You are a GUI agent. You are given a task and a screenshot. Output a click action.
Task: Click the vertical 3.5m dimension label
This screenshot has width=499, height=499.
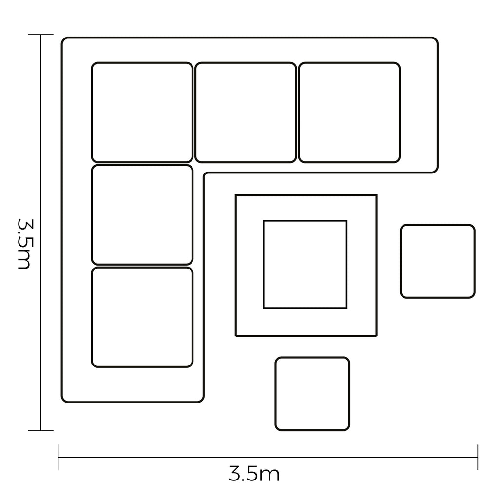point(24,244)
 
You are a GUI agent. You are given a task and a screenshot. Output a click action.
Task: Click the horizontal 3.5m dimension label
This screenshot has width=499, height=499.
point(254,474)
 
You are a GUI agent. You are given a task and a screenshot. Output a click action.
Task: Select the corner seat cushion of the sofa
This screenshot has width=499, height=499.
point(142,113)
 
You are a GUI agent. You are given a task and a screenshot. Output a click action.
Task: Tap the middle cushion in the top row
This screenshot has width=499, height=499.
point(246,113)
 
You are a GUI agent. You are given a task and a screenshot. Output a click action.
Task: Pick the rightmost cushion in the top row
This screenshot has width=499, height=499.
point(349,113)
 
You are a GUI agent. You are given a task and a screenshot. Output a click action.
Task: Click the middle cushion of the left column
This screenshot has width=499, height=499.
point(142,215)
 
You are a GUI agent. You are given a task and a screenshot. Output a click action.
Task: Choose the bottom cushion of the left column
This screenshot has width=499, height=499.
point(142,317)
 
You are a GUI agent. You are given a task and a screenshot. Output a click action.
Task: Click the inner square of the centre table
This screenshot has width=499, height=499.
point(305,265)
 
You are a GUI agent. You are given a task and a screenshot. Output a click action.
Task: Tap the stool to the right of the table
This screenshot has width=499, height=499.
point(438,261)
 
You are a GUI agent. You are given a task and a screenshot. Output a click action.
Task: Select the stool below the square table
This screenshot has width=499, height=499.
point(312,394)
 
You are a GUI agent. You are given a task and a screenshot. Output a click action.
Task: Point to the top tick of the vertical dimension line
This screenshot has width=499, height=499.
point(41,35)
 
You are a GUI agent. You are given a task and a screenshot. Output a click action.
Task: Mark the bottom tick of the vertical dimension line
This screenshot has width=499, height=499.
point(41,431)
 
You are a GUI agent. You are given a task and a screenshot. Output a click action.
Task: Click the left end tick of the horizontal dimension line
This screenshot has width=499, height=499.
point(58,457)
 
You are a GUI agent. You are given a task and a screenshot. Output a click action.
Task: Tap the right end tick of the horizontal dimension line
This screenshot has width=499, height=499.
point(478,457)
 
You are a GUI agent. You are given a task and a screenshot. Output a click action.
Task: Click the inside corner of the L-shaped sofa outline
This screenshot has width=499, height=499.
point(204,173)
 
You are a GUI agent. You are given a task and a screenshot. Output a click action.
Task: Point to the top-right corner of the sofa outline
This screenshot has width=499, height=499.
point(438,38)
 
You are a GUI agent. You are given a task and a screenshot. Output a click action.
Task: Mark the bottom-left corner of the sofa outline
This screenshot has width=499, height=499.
point(62,402)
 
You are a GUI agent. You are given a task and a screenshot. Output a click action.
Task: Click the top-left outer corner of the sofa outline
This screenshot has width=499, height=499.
point(62,38)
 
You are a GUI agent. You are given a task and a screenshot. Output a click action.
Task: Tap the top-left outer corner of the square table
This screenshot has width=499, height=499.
point(236,195)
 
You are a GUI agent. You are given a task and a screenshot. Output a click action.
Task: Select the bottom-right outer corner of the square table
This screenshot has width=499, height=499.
point(377,336)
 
